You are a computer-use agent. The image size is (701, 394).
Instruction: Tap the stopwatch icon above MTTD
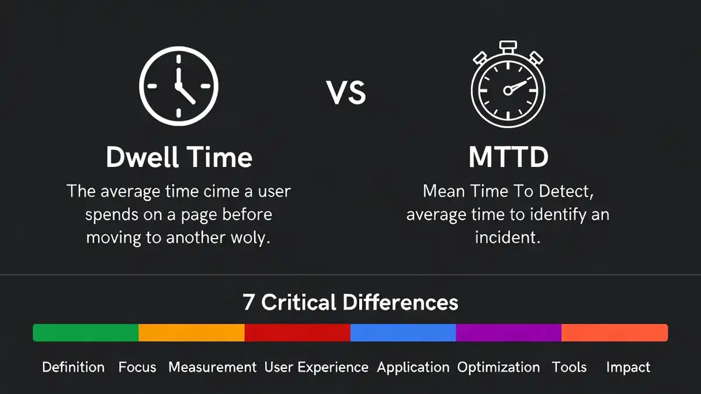[x=508, y=88]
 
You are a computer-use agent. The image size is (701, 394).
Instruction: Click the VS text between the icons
[x=346, y=93]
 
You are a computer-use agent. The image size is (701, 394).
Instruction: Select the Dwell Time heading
[x=179, y=157]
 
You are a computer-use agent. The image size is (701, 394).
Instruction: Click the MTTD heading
[x=507, y=157]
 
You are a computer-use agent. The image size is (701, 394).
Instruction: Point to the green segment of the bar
[x=86, y=333]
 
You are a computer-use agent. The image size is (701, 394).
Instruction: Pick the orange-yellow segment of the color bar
[x=192, y=333]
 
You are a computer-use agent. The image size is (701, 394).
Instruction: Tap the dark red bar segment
[x=297, y=333]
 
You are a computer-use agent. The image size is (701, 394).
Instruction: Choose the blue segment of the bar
[x=403, y=333]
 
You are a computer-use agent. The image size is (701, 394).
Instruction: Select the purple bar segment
[x=509, y=333]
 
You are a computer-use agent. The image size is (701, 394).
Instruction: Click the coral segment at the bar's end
[x=615, y=333]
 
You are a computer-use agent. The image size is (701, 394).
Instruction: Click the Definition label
[x=74, y=367]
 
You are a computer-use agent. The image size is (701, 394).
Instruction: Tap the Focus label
[x=137, y=367]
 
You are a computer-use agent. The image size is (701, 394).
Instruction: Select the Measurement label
[x=213, y=367]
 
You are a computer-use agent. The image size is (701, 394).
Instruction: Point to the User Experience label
[x=317, y=367]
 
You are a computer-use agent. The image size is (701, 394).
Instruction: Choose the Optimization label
[x=498, y=367]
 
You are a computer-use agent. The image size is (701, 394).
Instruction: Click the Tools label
[x=570, y=367]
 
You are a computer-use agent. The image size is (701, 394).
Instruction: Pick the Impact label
[x=628, y=367]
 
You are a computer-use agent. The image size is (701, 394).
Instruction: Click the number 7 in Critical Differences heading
[x=248, y=302]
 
